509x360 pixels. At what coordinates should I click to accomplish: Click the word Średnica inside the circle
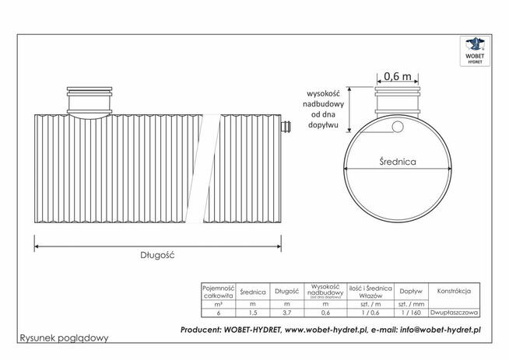[398, 163]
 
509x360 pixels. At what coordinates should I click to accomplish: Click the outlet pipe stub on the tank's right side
[286, 126]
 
